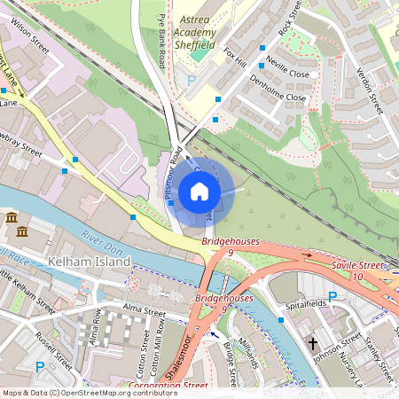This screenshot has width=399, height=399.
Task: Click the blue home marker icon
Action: click(199, 192)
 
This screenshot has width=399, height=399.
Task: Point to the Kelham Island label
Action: click(91, 262)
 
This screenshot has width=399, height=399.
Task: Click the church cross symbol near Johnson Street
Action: click(312, 342)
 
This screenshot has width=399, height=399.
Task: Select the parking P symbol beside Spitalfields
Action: click(332, 295)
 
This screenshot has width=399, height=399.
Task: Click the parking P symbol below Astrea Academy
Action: click(190, 80)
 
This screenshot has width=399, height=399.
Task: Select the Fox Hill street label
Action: click(234, 57)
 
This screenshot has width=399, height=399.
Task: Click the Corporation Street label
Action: click(168, 386)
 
